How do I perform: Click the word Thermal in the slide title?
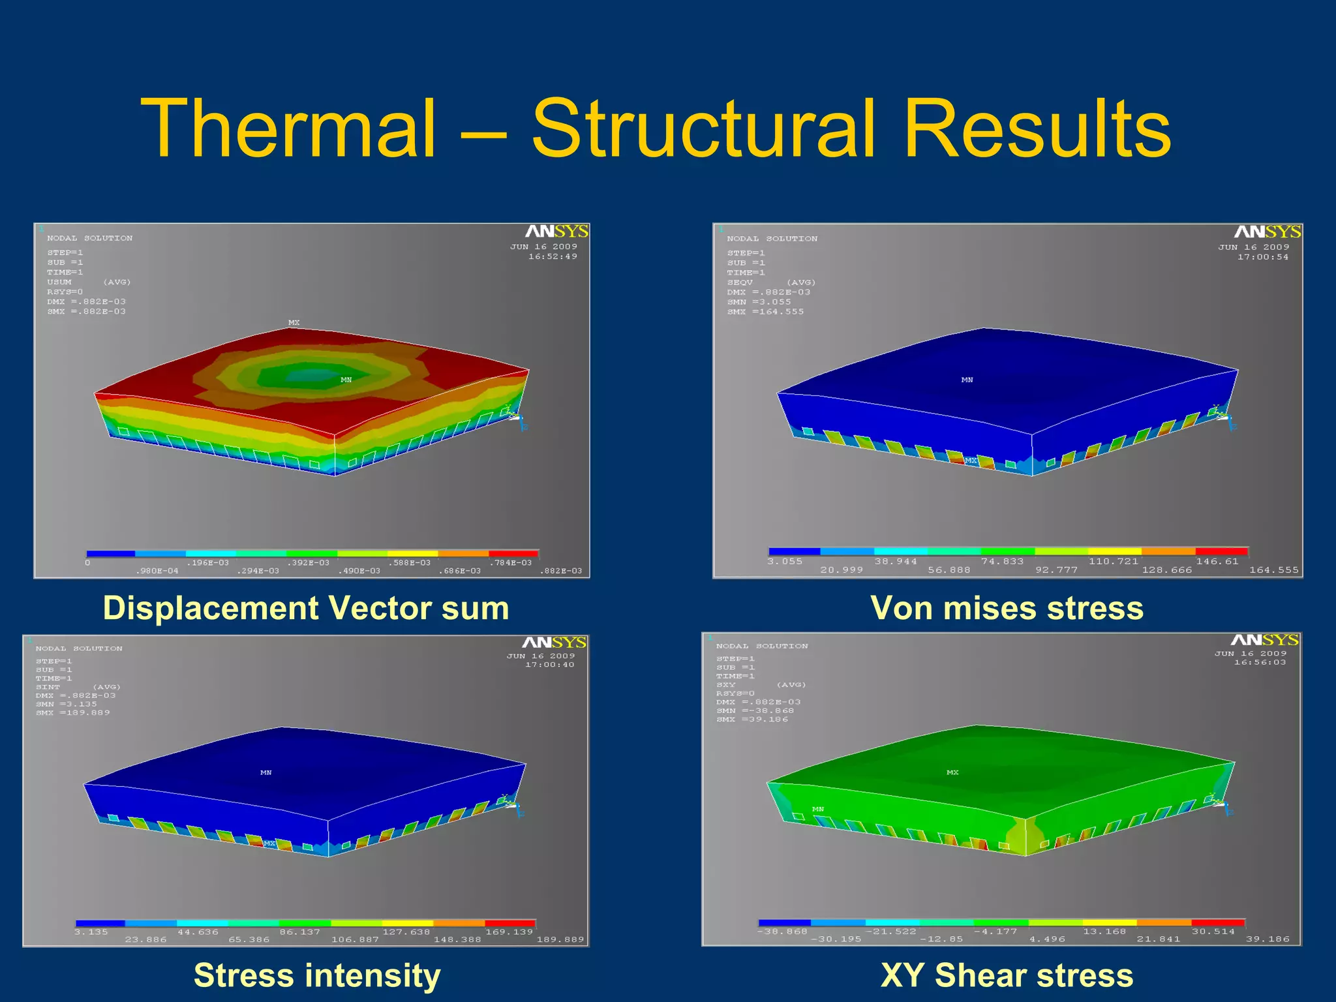pyautogui.click(x=288, y=129)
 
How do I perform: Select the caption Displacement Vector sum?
pyautogui.click(x=306, y=608)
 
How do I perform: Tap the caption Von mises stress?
pyautogui.click(x=1007, y=608)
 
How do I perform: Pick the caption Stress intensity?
pyautogui.click(x=317, y=975)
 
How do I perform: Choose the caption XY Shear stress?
pyautogui.click(x=1007, y=975)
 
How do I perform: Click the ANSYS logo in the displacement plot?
pyautogui.click(x=556, y=232)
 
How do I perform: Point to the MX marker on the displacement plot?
pyautogui.click(x=294, y=322)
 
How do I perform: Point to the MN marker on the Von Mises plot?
pyautogui.click(x=967, y=380)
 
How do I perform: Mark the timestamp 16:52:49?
pyautogui.click(x=553, y=256)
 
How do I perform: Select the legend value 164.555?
pyautogui.click(x=1273, y=570)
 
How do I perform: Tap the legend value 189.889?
pyautogui.click(x=560, y=940)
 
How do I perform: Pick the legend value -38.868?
pyautogui.click(x=782, y=932)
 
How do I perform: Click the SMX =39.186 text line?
pyautogui.click(x=752, y=720)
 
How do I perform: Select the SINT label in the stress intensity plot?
pyautogui.click(x=48, y=687)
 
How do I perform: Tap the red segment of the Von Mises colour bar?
pyautogui.click(x=1221, y=551)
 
